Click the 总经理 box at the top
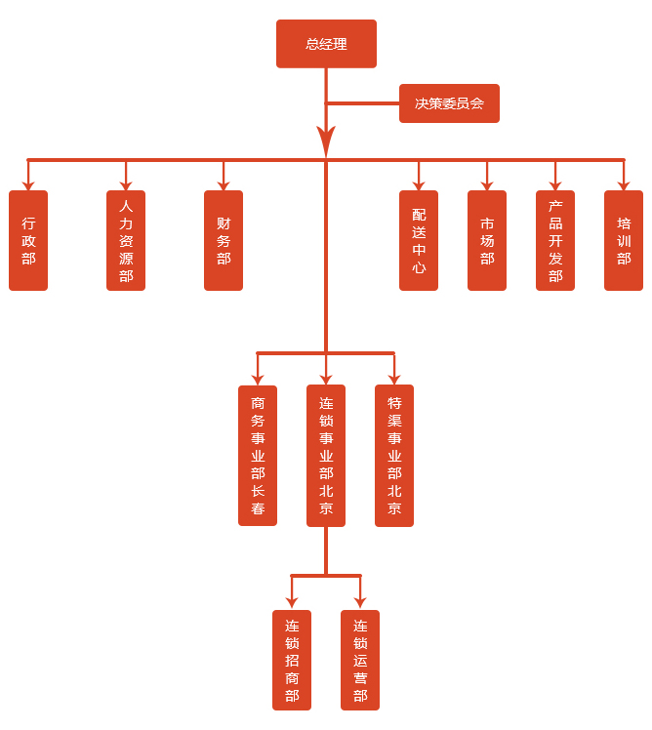[x=326, y=44]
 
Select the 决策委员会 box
[x=449, y=103]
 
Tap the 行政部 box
[x=28, y=240]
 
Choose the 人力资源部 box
[x=126, y=240]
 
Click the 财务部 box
[x=224, y=240]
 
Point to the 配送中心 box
[x=419, y=240]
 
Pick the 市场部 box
[x=487, y=240]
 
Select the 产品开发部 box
[x=555, y=240]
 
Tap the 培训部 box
[x=624, y=240]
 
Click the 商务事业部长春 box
[x=258, y=456]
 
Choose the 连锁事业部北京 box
[x=326, y=456]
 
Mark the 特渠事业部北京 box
[x=394, y=456]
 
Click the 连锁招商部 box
[x=292, y=660]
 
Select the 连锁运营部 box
[x=360, y=660]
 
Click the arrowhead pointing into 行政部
[x=28, y=184]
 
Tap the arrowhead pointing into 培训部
[x=624, y=184]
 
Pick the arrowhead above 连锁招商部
[x=292, y=603]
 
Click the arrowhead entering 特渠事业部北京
[x=394, y=379]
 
